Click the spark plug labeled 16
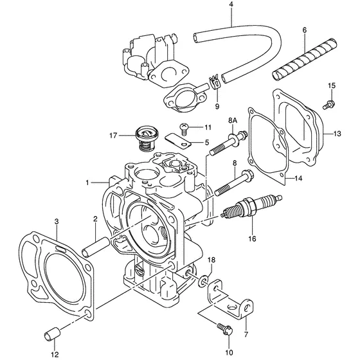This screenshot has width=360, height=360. click(251, 208)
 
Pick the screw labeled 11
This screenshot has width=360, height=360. click(184, 128)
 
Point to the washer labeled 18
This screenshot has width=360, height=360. click(204, 280)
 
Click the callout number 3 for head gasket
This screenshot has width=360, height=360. click(57, 222)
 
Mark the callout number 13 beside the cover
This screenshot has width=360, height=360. click(338, 134)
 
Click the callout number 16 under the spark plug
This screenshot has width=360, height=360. click(252, 239)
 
